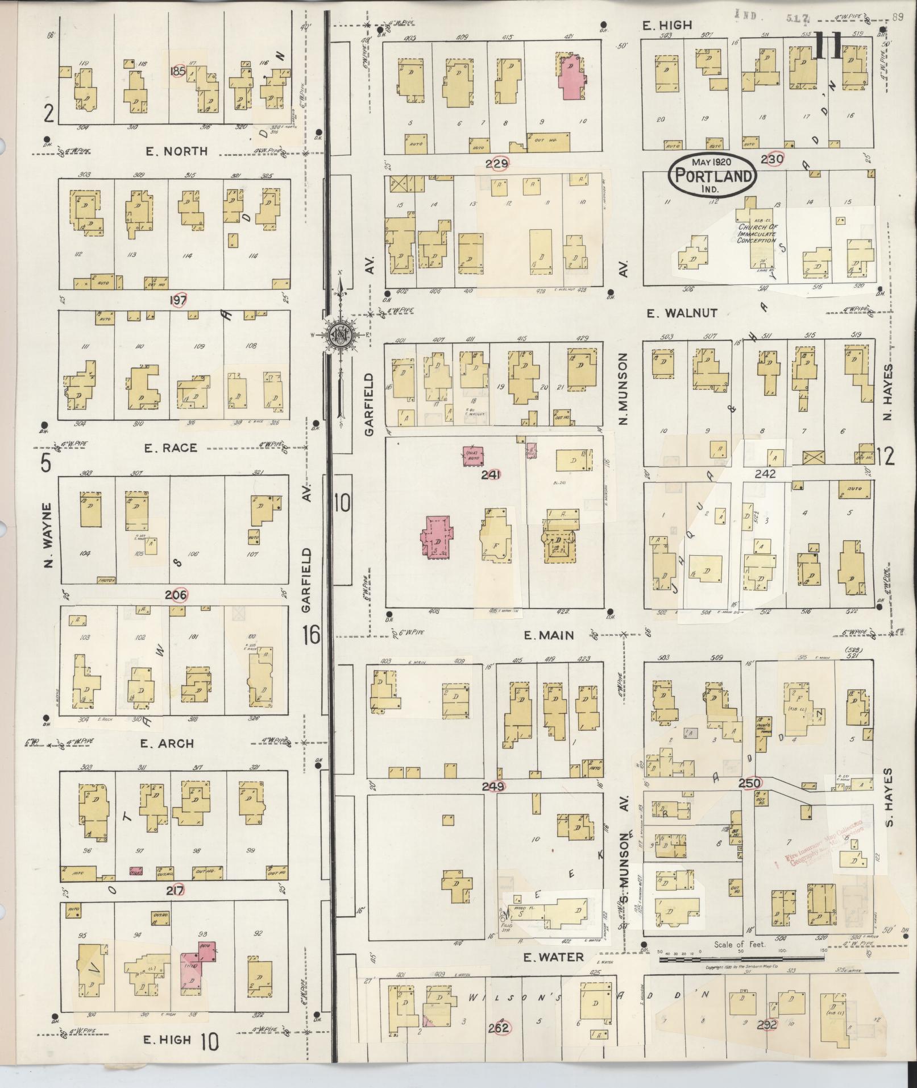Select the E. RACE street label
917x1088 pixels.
coord(171,448)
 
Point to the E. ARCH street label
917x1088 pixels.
coord(169,743)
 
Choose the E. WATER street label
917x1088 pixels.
coord(553,957)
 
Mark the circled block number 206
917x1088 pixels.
coord(176,595)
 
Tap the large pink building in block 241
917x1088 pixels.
coord(437,536)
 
